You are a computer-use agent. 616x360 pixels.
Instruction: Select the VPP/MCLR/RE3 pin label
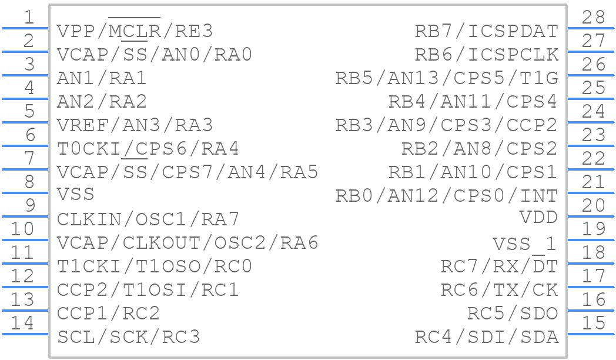[x=135, y=31]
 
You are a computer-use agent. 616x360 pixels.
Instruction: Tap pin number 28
[x=593, y=18]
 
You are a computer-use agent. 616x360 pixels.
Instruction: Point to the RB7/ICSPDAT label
[x=486, y=31]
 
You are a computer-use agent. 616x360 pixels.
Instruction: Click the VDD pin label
[x=538, y=218]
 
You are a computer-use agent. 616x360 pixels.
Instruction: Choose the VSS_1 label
[x=524, y=244]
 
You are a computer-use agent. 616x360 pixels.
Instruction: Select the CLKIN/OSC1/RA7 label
[x=148, y=219]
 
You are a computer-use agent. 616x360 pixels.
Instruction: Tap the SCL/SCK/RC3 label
[x=128, y=337]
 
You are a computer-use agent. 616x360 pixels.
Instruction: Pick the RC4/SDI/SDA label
[x=486, y=337]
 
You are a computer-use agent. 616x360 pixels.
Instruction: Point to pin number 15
[x=593, y=323]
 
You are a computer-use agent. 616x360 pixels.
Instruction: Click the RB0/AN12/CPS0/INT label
[x=446, y=196]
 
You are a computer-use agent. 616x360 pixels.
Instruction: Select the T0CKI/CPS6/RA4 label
[x=148, y=149]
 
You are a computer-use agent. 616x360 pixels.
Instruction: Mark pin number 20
[x=593, y=205]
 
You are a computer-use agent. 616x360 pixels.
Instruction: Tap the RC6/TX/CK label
[x=499, y=290]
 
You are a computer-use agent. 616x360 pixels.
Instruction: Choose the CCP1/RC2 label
[x=108, y=314]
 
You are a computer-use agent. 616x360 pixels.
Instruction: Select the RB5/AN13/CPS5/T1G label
[x=446, y=78]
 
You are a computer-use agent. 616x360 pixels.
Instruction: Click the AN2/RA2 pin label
[x=102, y=102]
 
